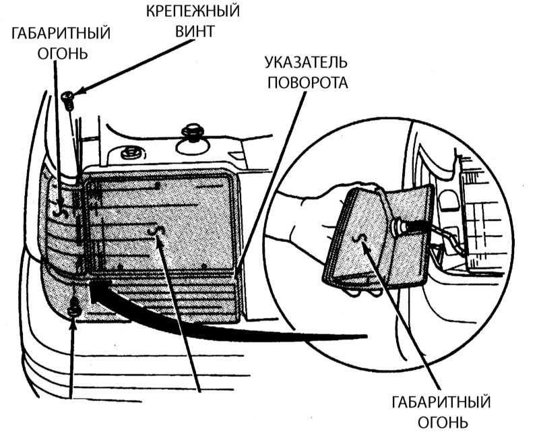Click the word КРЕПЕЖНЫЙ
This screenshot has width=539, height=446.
click(195, 11)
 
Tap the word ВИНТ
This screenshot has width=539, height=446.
click(195, 31)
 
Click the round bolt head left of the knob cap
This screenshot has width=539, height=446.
click(129, 152)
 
